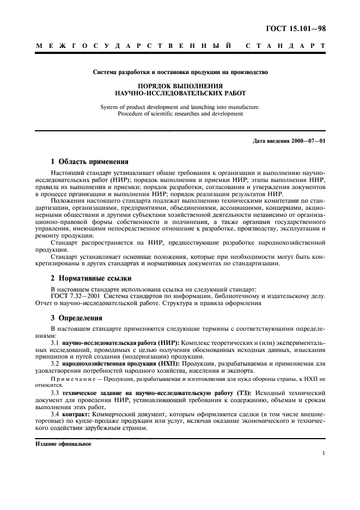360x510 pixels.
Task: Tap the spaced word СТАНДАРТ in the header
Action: pyautogui.click(x=285, y=47)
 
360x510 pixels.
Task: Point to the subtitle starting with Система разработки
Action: pyautogui.click(x=180, y=71)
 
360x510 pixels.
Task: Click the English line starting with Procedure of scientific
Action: pyautogui.click(x=180, y=113)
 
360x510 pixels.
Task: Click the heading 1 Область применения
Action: pyautogui.click(x=89, y=162)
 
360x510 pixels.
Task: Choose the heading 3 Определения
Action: pyautogui.click(x=77, y=318)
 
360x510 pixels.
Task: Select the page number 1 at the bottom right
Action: pyautogui.click(x=324, y=453)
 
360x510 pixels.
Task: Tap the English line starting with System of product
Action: pyautogui.click(x=180, y=107)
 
